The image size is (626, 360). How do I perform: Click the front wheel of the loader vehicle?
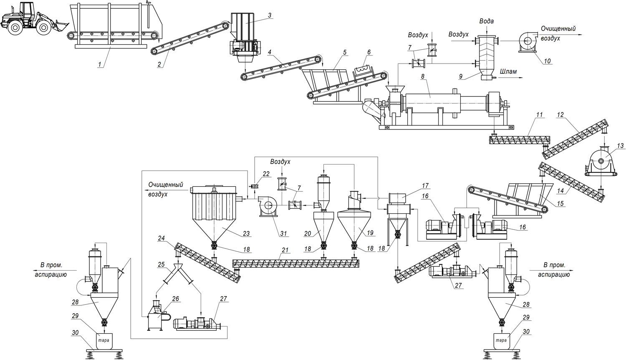pyautogui.click(x=43, y=28)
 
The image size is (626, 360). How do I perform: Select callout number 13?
pyautogui.click(x=620, y=146)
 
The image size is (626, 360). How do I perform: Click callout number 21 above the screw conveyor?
pyautogui.click(x=285, y=250)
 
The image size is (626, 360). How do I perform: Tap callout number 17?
pyautogui.click(x=425, y=186)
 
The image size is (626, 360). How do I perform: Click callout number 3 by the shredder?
pyautogui.click(x=270, y=15)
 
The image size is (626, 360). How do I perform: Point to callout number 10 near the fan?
pyautogui.click(x=547, y=61)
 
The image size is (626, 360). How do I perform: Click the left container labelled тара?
pyautogui.click(x=103, y=340)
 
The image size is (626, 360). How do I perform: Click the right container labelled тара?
pyautogui.click(x=501, y=340)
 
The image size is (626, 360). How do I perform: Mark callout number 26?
pyautogui.click(x=175, y=299)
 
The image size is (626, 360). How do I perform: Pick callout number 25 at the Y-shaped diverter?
pyautogui.click(x=161, y=265)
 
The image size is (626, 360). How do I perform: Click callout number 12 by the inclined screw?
pyautogui.click(x=560, y=114)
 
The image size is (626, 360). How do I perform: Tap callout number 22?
pyautogui.click(x=266, y=174)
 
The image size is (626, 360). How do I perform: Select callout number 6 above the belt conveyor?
pyautogui.click(x=369, y=52)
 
